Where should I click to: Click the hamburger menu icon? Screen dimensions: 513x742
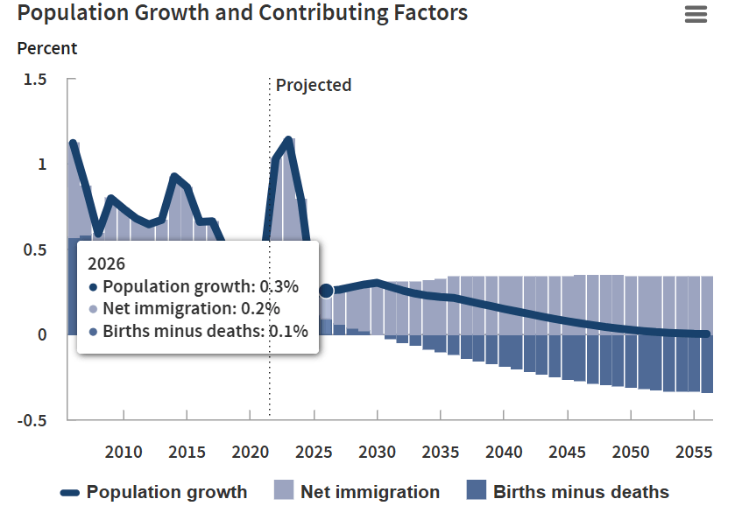(x=696, y=15)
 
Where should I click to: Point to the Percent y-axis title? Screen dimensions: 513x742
(x=47, y=49)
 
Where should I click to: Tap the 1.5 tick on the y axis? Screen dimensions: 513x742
(x=35, y=80)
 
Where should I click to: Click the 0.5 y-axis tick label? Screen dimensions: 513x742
(x=35, y=249)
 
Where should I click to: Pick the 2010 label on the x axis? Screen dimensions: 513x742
(x=124, y=453)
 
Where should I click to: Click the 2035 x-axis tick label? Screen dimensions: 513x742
(x=441, y=453)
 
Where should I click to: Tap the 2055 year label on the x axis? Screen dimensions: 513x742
(x=695, y=453)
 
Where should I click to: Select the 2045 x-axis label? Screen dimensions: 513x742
(x=568, y=453)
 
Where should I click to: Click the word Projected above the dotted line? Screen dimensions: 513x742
(x=314, y=85)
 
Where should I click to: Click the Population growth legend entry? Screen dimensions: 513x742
(x=154, y=492)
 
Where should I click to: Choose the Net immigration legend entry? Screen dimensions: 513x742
(x=357, y=492)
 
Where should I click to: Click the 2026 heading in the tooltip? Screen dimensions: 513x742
(x=107, y=264)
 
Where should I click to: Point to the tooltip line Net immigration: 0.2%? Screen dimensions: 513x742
(x=191, y=308)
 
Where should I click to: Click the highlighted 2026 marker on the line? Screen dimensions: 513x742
(x=326, y=291)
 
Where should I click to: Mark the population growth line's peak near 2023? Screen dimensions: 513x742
(x=288, y=140)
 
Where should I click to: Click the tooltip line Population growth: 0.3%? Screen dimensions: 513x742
(x=201, y=286)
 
